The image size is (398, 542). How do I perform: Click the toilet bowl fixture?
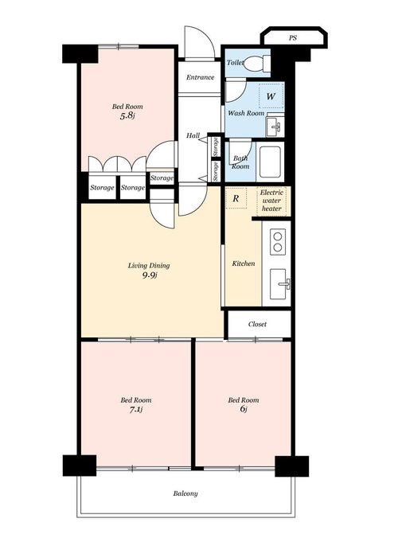tap(257, 64)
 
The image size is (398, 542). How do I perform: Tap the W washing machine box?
tap(271, 96)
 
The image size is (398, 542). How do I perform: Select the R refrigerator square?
tap(236, 198)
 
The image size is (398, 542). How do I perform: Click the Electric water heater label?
tap(271, 201)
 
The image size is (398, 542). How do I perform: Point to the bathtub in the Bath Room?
tap(270, 162)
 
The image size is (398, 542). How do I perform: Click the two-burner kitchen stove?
tap(277, 242)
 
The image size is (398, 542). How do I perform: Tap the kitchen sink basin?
tap(279, 284)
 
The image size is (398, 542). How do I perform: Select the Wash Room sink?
tap(275, 127)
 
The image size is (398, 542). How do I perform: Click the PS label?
tap(293, 38)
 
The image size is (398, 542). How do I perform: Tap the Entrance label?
tap(201, 77)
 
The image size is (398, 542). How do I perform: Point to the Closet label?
tap(257, 324)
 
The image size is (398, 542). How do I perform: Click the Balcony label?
tap(185, 493)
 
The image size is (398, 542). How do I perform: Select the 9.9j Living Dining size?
tap(150, 275)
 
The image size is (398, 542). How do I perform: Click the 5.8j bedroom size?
tap(127, 115)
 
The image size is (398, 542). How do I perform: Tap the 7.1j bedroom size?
tap(136, 410)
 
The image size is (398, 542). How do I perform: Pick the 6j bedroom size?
tap(243, 409)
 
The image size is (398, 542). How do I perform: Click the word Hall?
tap(193, 135)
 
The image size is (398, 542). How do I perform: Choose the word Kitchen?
tap(244, 263)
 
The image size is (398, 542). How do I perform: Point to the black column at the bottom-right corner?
tap(292, 466)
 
